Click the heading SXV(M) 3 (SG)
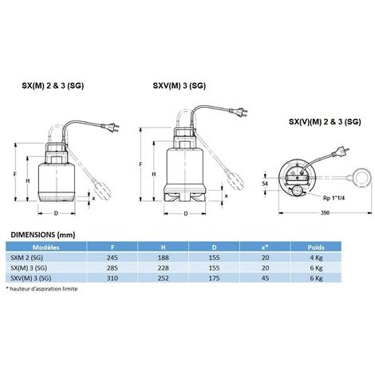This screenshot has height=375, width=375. coord(180,85)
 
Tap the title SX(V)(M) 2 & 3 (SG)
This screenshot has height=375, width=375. coord(325,122)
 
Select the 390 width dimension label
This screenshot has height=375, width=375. coord(325,213)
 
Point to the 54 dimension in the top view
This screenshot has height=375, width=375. coord(265,184)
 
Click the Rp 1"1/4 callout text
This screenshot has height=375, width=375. coord(334,198)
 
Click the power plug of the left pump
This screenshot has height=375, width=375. coord(110,127)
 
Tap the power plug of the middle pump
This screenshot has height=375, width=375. coord(239,112)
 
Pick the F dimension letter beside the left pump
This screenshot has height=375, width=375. coord(15,175)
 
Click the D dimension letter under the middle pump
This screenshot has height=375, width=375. coord(186,214)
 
